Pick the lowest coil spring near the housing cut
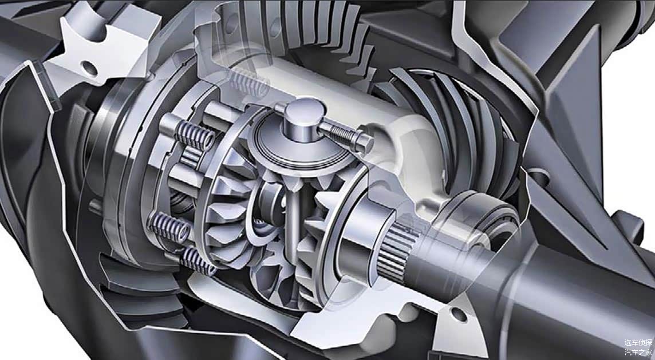click(x=197, y=260)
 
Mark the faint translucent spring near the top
click(x=248, y=82)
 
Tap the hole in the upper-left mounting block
click(x=89, y=67)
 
